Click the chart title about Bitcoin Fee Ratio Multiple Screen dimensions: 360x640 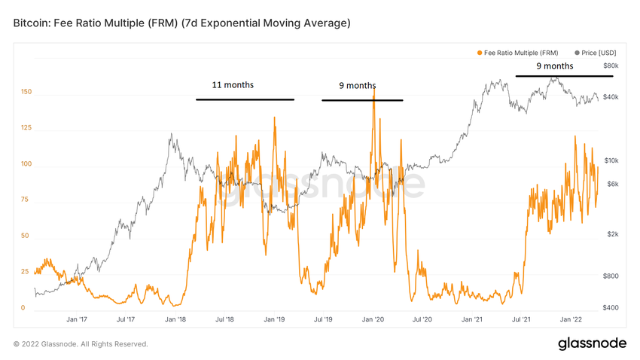(181, 23)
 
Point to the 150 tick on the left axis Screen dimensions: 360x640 (26, 93)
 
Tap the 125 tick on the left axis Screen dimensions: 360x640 (26, 128)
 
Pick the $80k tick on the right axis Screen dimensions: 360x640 (610, 66)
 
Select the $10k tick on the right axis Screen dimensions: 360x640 (610, 160)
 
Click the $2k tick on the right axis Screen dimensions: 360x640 (611, 234)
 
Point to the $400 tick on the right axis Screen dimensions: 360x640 (610, 307)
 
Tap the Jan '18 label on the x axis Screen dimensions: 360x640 (175, 320)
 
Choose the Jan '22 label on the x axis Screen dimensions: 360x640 (570, 320)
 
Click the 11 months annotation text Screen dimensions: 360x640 (233, 85)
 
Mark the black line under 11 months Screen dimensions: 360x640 (245, 99)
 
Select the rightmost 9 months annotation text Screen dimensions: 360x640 (554, 66)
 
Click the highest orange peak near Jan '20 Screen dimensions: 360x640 (373, 92)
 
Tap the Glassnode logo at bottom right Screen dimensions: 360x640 (592, 343)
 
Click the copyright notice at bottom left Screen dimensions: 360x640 (81, 344)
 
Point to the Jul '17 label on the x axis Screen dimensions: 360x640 (126, 320)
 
